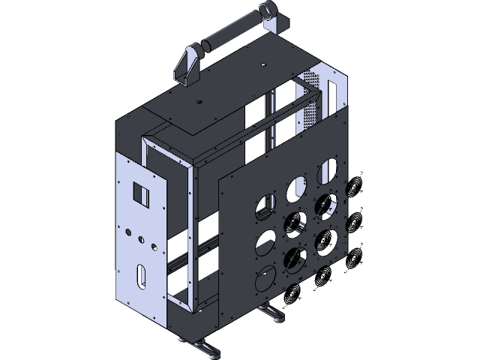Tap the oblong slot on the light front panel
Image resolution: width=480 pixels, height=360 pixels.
pyautogui.click(x=141, y=275)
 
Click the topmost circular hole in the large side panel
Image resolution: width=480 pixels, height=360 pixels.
pyautogui.click(x=328, y=172)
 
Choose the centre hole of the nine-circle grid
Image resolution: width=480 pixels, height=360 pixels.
pyautogui.click(x=295, y=223)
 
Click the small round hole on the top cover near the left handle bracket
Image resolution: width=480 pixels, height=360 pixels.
pyautogui.click(x=199, y=100)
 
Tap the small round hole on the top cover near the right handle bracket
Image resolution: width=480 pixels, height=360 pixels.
pyautogui.click(x=264, y=65)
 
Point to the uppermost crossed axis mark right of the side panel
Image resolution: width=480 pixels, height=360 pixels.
pyautogui.click(x=356, y=184)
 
